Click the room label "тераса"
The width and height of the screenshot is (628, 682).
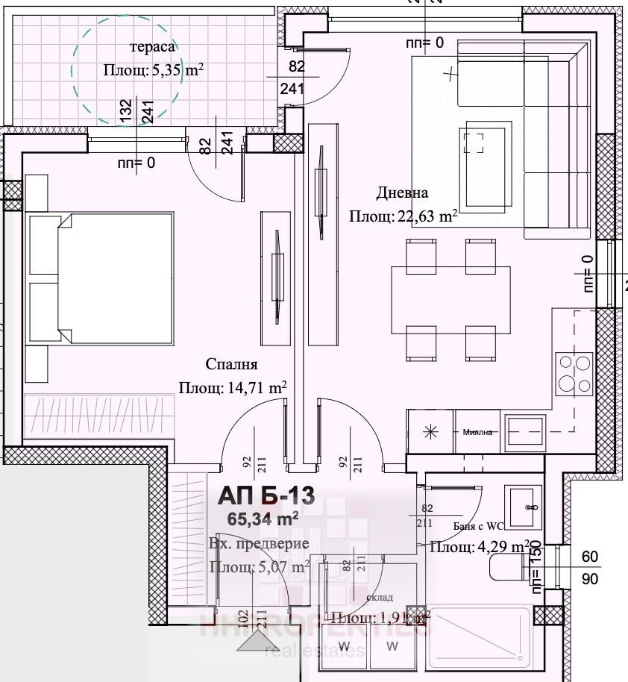153,47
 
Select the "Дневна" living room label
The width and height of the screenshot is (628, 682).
402,193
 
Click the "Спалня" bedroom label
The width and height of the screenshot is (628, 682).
232,365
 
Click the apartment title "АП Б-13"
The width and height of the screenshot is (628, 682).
266,495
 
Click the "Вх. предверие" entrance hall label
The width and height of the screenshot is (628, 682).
258,543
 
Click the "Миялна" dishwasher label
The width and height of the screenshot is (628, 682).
477,433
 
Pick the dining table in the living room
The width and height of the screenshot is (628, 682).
451,300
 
